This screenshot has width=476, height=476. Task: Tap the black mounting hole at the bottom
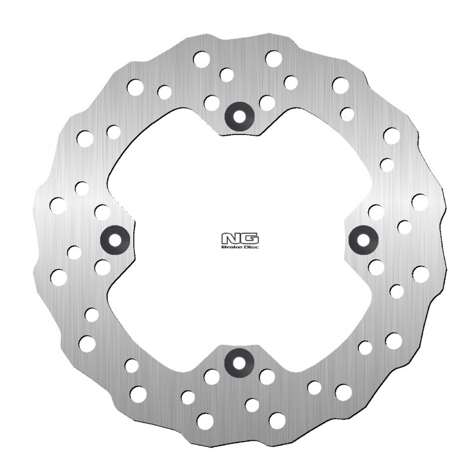pos(239,363)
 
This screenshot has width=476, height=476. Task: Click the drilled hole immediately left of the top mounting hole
pos(211,103)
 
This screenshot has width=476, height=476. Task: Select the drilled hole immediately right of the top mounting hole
pos(267,103)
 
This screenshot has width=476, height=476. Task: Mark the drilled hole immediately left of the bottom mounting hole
pos(212,377)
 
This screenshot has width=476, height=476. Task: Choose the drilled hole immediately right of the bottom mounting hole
pos(267,377)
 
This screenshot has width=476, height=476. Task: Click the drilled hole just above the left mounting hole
pos(102,212)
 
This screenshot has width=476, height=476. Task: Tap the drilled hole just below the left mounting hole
pos(102,268)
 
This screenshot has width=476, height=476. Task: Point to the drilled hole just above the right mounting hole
pos(375,212)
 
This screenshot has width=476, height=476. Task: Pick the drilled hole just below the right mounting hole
pos(376,267)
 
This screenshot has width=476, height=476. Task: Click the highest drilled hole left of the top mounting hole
pos(202,59)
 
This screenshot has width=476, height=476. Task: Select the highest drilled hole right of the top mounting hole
pos(274,58)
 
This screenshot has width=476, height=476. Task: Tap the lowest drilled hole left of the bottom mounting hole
pos(205,421)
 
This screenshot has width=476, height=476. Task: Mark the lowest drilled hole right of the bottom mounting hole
pos(277,420)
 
